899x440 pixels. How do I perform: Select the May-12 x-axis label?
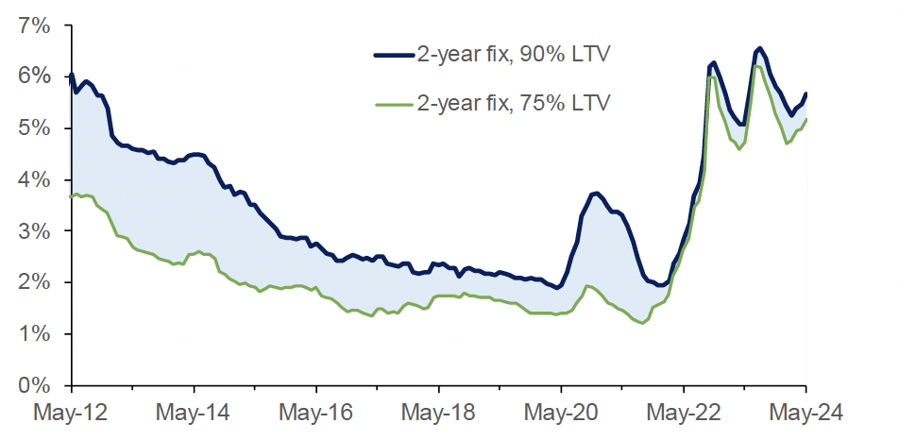(x=72, y=413)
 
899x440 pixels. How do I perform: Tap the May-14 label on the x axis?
(x=195, y=413)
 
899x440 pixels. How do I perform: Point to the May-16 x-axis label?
(x=316, y=413)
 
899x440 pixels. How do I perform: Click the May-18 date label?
(x=439, y=413)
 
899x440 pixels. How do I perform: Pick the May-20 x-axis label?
(x=561, y=413)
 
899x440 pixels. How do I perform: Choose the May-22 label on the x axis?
(x=684, y=413)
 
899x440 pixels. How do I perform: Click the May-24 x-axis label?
(x=806, y=413)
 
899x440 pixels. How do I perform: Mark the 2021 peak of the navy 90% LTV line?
(x=595, y=194)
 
